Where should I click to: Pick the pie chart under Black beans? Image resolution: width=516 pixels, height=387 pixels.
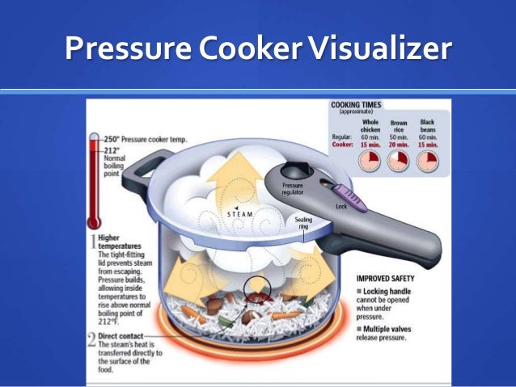(427, 161)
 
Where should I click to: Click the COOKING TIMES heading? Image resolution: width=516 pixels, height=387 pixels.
(356, 105)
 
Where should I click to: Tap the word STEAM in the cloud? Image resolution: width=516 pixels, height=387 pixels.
(239, 214)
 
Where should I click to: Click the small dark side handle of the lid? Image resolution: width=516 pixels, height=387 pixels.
(137, 162)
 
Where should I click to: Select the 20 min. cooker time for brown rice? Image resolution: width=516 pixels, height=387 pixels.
(399, 145)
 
